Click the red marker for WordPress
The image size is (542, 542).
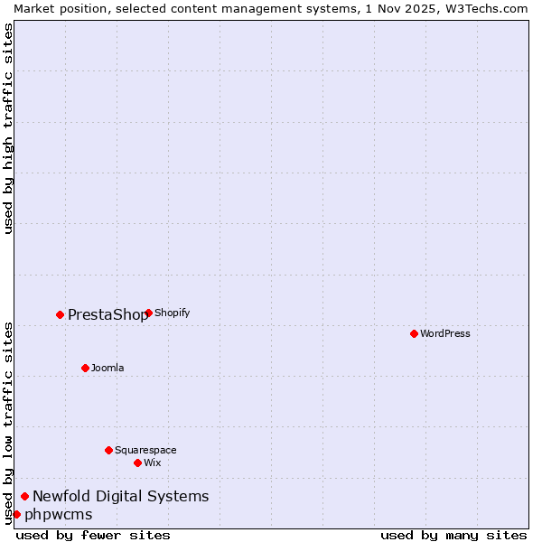click(x=414, y=333)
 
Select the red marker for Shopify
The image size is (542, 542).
click(x=148, y=313)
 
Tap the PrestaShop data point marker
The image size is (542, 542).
click(x=61, y=314)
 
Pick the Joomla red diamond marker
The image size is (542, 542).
click(x=85, y=368)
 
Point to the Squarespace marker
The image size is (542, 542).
click(x=108, y=450)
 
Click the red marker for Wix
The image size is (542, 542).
click(x=137, y=463)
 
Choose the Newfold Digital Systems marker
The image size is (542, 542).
click(x=25, y=496)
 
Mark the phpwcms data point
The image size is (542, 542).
click(x=16, y=514)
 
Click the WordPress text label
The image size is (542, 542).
click(x=445, y=333)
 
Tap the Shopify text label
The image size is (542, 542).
click(x=173, y=313)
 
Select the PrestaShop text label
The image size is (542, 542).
click(x=107, y=314)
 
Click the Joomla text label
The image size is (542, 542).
click(x=107, y=368)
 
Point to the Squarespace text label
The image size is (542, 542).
click(x=145, y=450)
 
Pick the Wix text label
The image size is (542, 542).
click(x=152, y=463)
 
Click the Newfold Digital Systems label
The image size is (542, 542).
click(x=120, y=496)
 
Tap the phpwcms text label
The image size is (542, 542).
click(x=58, y=514)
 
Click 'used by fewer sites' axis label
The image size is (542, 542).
click(x=93, y=535)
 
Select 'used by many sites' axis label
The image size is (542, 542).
click(x=453, y=535)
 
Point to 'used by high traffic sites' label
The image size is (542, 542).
click(x=8, y=128)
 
